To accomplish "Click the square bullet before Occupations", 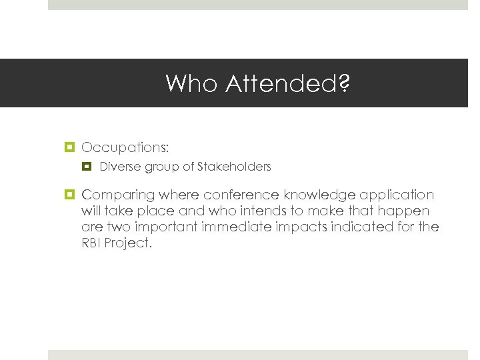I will click(70, 146).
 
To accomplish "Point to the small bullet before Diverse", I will click(87, 167).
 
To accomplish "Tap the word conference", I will click(241, 195).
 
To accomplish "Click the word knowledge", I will click(319, 195).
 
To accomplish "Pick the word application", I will click(397, 195).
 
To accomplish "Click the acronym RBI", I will click(92, 243).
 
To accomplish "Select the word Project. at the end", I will click(129, 243).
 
